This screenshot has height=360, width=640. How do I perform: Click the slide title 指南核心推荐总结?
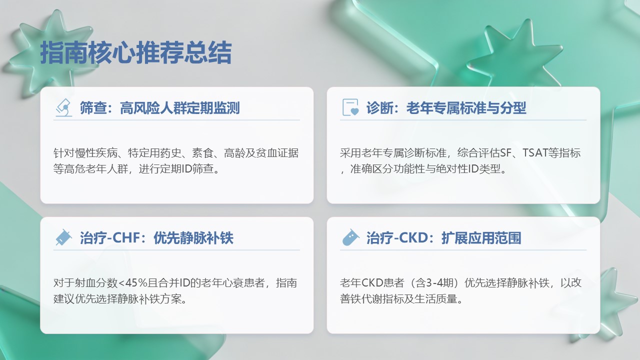[135, 52]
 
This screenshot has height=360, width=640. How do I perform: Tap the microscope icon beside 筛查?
[64, 107]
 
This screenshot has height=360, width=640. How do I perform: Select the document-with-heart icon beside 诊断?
[350, 107]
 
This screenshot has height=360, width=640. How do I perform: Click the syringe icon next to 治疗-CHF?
[63, 237]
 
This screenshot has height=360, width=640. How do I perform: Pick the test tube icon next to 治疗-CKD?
[350, 237]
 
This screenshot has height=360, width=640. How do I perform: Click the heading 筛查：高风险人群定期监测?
[159, 108]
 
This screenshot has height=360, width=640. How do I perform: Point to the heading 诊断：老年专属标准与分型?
[446, 108]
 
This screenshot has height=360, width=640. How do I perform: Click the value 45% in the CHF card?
[136, 283]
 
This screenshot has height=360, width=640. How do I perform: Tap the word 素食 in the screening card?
[202, 153]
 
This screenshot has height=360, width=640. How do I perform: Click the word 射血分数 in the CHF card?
[96, 283]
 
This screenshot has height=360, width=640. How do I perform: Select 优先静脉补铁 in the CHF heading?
[193, 238]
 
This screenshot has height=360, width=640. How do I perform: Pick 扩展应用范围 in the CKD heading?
[481, 238]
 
